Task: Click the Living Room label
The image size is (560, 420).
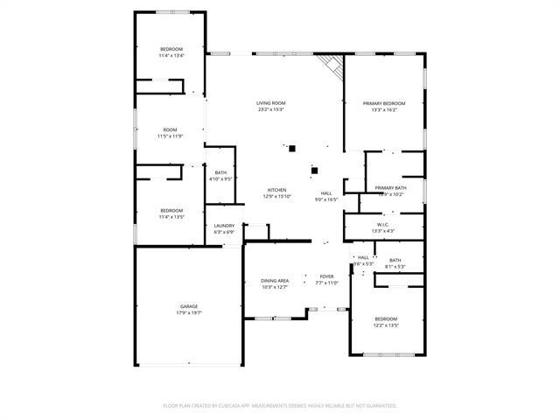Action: [270, 103]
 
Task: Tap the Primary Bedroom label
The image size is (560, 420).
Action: [385, 103]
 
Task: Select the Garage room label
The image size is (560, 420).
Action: [189, 306]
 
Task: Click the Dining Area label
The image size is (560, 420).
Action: [275, 281]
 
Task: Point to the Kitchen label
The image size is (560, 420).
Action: [276, 190]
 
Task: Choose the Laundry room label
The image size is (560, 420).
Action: [224, 226]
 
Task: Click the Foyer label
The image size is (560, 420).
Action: [326, 276]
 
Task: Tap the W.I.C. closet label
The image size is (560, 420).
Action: [383, 224]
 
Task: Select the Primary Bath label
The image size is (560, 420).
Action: [390, 188]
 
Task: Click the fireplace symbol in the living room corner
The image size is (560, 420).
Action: [330, 64]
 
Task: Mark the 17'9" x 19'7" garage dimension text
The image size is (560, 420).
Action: [189, 312]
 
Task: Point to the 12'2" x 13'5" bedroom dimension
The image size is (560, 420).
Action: [386, 325]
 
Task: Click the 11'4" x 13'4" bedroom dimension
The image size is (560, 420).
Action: [171, 55]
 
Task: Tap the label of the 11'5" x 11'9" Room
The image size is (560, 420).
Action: [170, 129]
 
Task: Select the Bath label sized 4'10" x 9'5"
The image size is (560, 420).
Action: [220, 173]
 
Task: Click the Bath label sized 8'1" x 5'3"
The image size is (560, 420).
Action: [395, 260]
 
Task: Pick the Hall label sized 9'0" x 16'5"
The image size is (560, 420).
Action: [326, 193]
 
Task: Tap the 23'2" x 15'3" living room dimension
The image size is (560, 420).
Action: [270, 109]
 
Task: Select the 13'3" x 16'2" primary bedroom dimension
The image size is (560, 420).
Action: [385, 109]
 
